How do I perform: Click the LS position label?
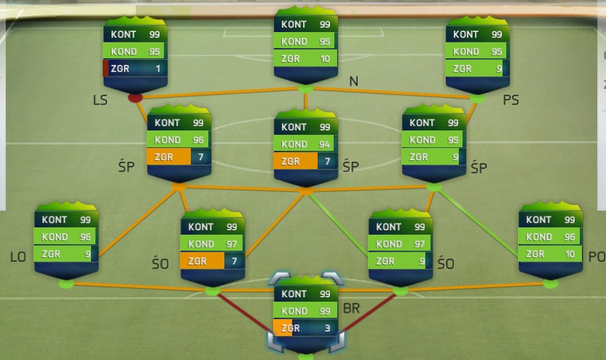100,100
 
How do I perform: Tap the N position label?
354,81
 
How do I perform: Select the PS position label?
511,100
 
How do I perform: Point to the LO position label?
18,257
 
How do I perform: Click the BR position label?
351,308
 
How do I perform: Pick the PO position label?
597,257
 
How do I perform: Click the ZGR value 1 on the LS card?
157,69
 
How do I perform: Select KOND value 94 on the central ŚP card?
325,144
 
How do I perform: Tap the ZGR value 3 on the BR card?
327,328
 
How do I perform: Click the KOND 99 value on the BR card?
325,311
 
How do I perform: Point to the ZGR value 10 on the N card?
325,59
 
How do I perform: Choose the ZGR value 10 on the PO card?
570,254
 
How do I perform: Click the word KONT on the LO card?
55,219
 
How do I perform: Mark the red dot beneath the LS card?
135,98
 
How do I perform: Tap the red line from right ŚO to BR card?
367,313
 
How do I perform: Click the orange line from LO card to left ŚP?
138,223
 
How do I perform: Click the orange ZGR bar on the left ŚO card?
202,261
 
